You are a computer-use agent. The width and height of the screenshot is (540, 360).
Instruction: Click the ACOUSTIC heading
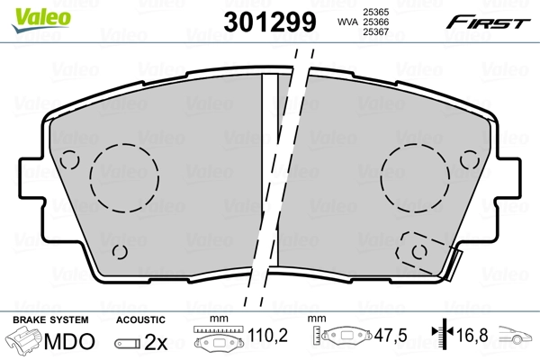point(140,320)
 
